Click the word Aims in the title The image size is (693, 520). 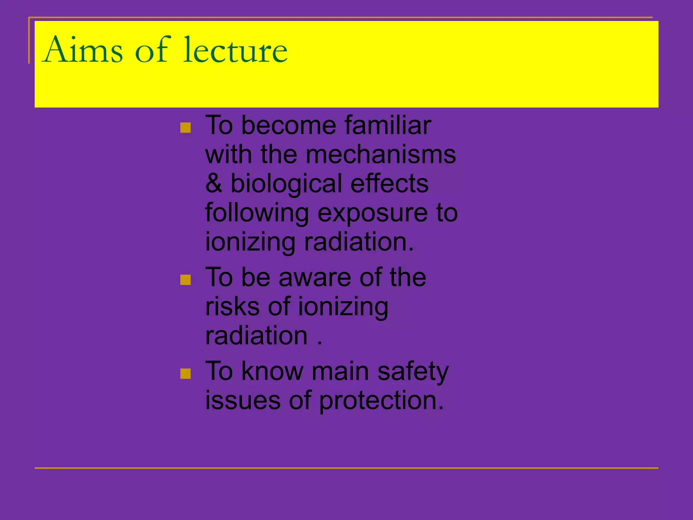tap(83, 50)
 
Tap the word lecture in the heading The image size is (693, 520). tap(235, 50)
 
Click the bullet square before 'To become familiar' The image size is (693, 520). tap(185, 128)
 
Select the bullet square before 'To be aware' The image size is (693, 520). tap(185, 280)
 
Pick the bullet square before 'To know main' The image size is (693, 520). tap(185, 374)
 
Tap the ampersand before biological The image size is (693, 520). tap(214, 183)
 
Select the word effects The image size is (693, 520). tap(389, 183)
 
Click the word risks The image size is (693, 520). tap(232, 306)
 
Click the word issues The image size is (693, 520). tap(243, 400)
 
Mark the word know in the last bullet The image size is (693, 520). tap(272, 371)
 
